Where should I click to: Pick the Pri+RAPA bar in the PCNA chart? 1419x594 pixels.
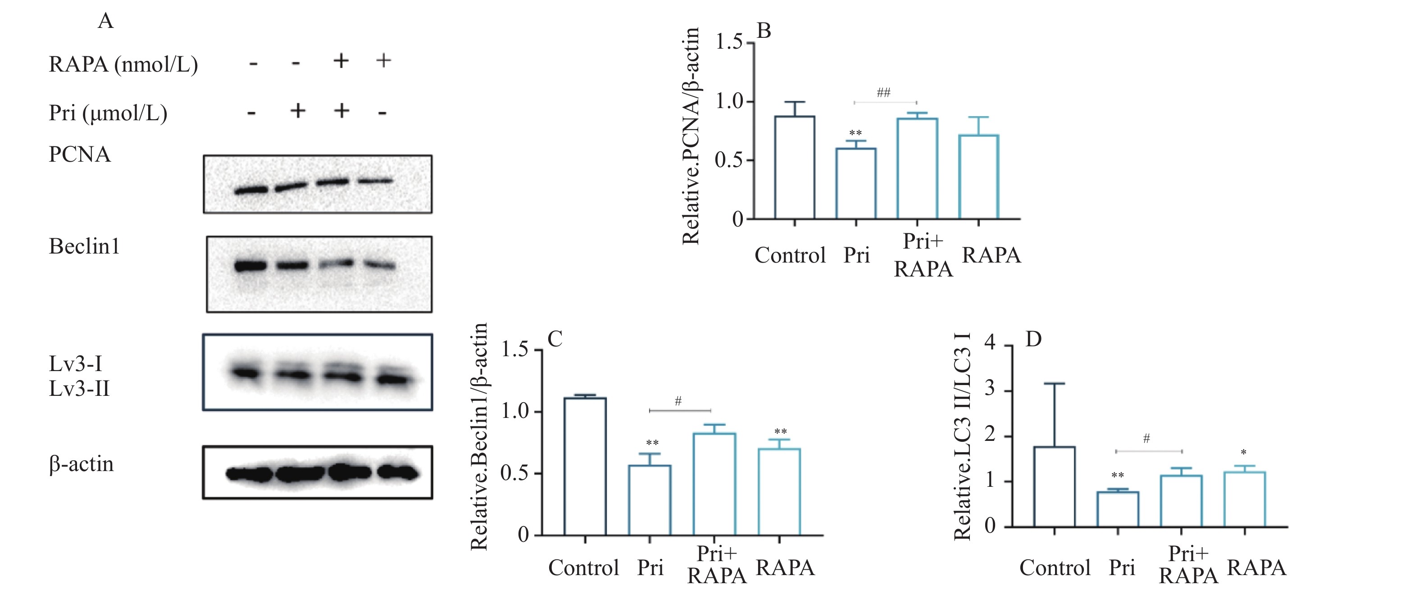coord(917,168)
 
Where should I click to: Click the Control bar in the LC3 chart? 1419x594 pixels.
coord(1054,487)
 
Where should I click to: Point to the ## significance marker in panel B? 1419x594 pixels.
coord(883,92)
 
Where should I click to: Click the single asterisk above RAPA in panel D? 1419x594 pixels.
coord(1244,453)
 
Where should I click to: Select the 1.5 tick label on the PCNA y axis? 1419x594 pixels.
coord(728,42)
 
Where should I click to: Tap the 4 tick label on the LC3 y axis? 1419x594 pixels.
coord(990,343)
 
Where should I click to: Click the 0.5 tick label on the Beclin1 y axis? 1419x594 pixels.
coord(514,473)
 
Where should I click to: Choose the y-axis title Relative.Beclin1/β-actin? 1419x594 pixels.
coord(479,436)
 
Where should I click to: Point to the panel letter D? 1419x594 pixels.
coord(1033,339)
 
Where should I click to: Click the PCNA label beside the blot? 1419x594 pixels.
coord(80,155)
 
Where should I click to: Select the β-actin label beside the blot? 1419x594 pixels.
coord(82,464)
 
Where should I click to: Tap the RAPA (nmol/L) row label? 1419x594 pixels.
coord(123,64)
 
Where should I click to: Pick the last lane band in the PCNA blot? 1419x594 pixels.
coord(376,181)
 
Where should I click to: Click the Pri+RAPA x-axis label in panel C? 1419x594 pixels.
coord(717,564)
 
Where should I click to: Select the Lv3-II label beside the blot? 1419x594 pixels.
coord(79,389)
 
